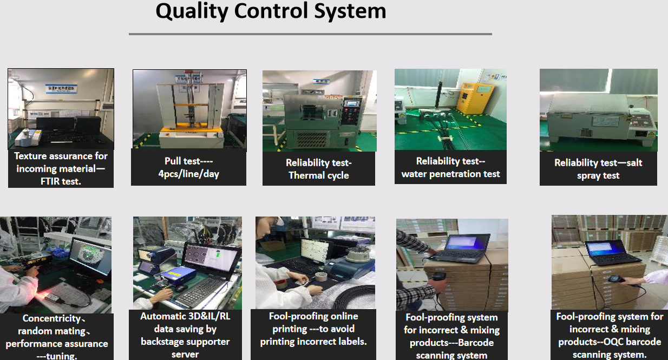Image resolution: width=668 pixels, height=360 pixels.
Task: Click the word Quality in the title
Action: coord(192,12)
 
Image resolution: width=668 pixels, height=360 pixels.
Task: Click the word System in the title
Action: coord(350,12)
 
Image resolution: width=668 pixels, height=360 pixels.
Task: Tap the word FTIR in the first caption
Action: coord(51,181)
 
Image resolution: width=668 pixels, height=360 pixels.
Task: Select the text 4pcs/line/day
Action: coord(189,174)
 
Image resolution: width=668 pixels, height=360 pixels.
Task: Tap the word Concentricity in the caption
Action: coord(51,318)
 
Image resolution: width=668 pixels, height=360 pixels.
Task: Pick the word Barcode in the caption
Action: coord(476,343)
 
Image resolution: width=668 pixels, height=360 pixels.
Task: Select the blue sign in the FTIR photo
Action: coord(61,89)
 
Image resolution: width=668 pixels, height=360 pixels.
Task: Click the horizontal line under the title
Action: coord(310,34)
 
